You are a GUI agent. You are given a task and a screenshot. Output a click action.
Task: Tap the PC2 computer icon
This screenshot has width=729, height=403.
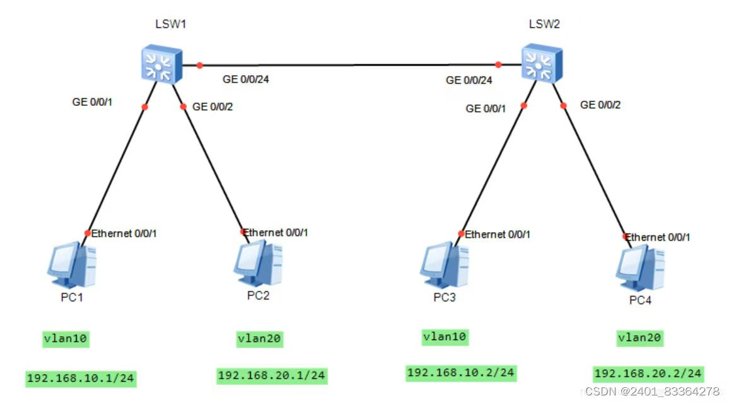(x=258, y=263)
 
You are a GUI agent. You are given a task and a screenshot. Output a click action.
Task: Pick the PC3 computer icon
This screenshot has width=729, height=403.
(x=444, y=266)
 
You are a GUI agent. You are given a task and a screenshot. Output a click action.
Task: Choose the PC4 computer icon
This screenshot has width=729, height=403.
(x=640, y=268)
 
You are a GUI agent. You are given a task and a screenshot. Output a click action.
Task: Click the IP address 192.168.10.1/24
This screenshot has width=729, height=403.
(x=81, y=378)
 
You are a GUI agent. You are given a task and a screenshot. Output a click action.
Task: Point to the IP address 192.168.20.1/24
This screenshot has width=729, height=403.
(x=272, y=376)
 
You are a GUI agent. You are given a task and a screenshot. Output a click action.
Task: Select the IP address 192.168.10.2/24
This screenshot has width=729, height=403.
(x=461, y=373)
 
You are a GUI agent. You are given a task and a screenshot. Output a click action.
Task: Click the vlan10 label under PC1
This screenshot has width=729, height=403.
(x=66, y=339)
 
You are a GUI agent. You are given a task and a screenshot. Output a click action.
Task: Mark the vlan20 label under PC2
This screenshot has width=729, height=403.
(x=260, y=339)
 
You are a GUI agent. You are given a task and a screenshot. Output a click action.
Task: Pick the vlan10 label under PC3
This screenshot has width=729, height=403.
(x=445, y=337)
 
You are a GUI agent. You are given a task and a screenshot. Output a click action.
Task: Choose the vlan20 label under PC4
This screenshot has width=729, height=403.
(x=639, y=338)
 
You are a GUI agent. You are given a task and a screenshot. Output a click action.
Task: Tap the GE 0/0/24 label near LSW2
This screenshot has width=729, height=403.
(x=469, y=81)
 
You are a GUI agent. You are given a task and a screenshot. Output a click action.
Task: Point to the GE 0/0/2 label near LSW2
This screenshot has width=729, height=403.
(x=600, y=105)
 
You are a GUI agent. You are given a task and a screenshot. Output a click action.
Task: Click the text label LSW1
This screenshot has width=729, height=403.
(x=171, y=25)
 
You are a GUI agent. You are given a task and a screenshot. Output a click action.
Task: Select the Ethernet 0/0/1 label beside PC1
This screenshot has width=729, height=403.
(x=124, y=233)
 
